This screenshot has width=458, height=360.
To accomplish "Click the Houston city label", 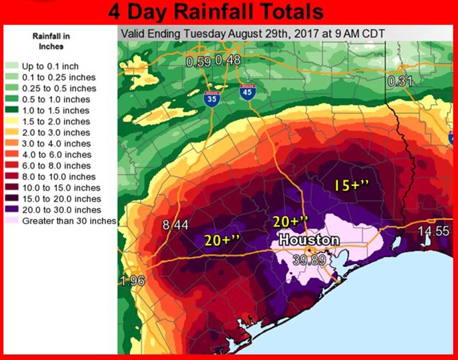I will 308,240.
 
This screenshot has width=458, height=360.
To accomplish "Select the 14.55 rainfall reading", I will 434,232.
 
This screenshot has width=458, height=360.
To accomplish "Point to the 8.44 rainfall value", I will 175,225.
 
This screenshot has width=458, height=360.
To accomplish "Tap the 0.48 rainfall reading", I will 228,61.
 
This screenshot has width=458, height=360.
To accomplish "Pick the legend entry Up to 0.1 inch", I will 50,65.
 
